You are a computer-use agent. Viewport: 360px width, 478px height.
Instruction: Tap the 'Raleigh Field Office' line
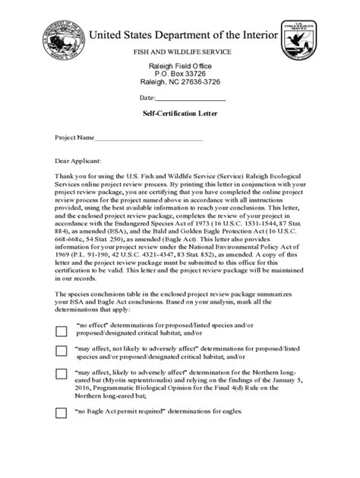point(180,67)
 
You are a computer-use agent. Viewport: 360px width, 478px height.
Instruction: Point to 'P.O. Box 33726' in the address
point(180,74)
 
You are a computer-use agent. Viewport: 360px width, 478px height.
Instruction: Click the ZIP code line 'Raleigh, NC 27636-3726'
point(180,83)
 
